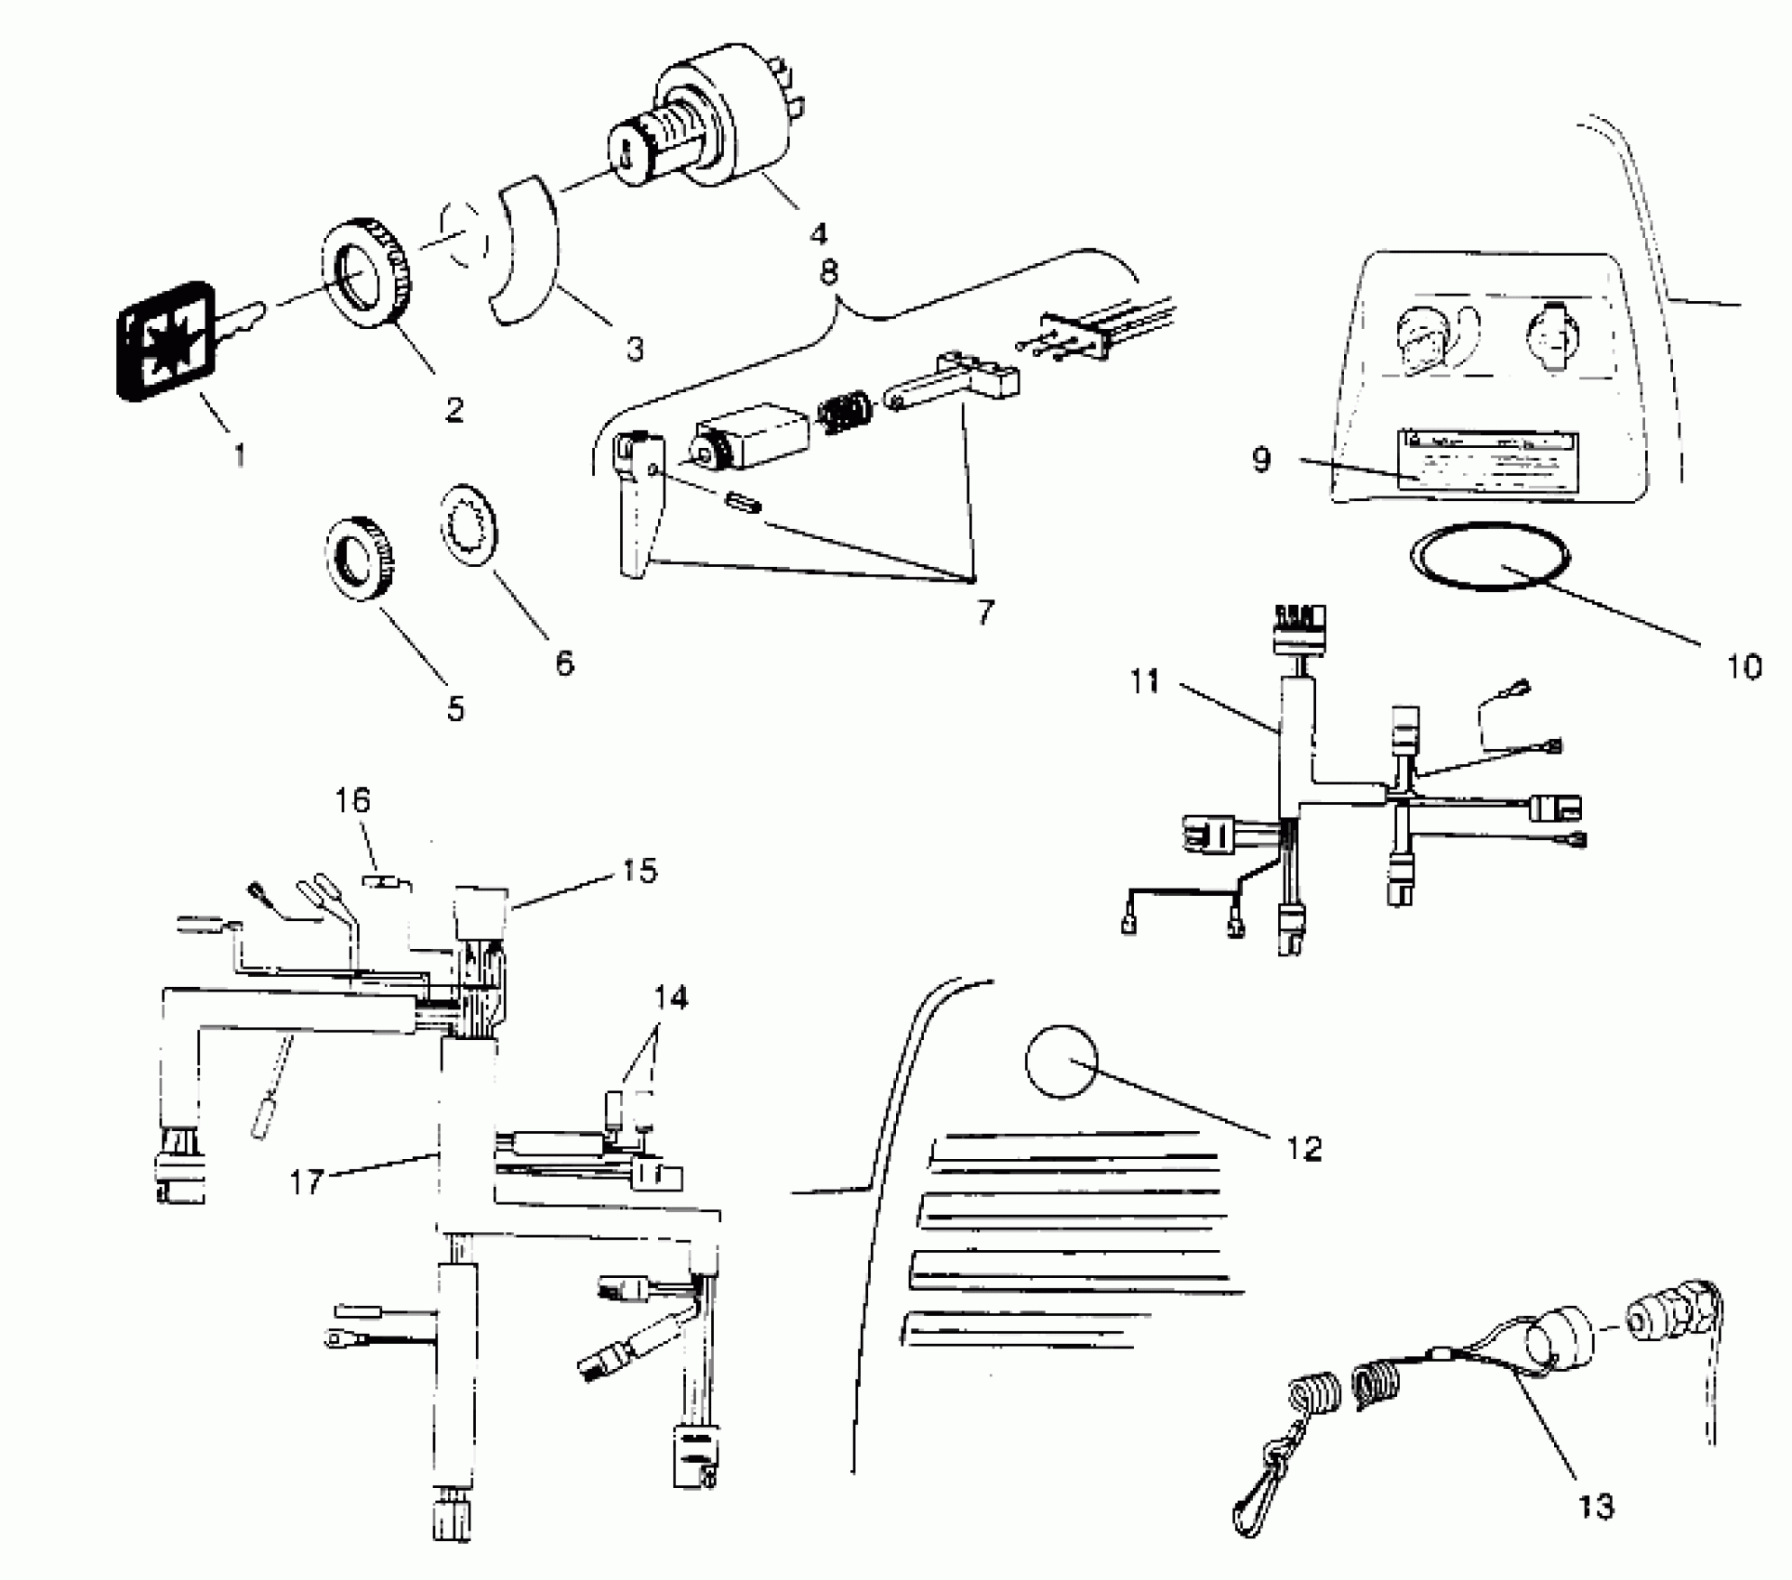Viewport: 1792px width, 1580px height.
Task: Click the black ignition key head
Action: (164, 340)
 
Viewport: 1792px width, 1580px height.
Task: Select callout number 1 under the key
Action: (241, 455)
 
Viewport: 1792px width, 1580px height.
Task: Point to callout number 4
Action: (817, 232)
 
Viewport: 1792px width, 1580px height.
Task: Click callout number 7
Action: (985, 612)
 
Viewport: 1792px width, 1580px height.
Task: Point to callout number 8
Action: (828, 272)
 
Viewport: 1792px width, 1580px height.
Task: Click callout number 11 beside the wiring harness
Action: (1145, 682)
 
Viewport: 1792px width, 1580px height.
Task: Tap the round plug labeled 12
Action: (1061, 1062)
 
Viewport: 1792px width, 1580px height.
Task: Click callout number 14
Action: (670, 998)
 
